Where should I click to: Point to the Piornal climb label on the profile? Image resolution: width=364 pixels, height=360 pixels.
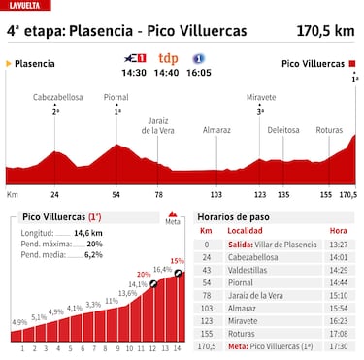pos(117,98)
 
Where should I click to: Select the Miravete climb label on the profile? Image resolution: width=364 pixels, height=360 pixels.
pos(260,98)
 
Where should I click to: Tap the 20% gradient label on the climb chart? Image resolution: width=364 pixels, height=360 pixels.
pos(144,275)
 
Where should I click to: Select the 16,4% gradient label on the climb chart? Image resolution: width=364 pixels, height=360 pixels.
pos(161,269)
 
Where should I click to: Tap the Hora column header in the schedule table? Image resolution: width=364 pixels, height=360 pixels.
pos(337,232)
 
